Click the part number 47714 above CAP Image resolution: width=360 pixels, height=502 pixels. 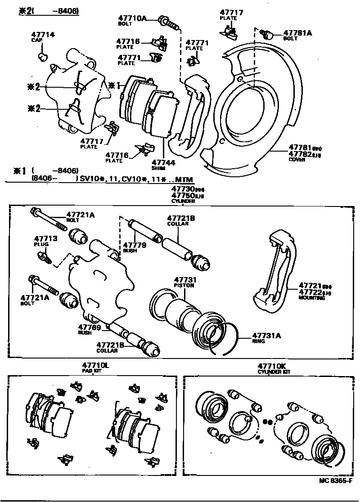43,35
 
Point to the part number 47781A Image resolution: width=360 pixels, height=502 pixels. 297,33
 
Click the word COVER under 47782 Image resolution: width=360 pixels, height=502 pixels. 297,160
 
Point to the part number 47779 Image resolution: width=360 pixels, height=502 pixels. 133,245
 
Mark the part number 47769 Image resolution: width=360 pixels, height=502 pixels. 89,327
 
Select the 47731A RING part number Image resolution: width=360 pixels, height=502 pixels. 266,335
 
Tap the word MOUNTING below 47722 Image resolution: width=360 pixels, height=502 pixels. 311,298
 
